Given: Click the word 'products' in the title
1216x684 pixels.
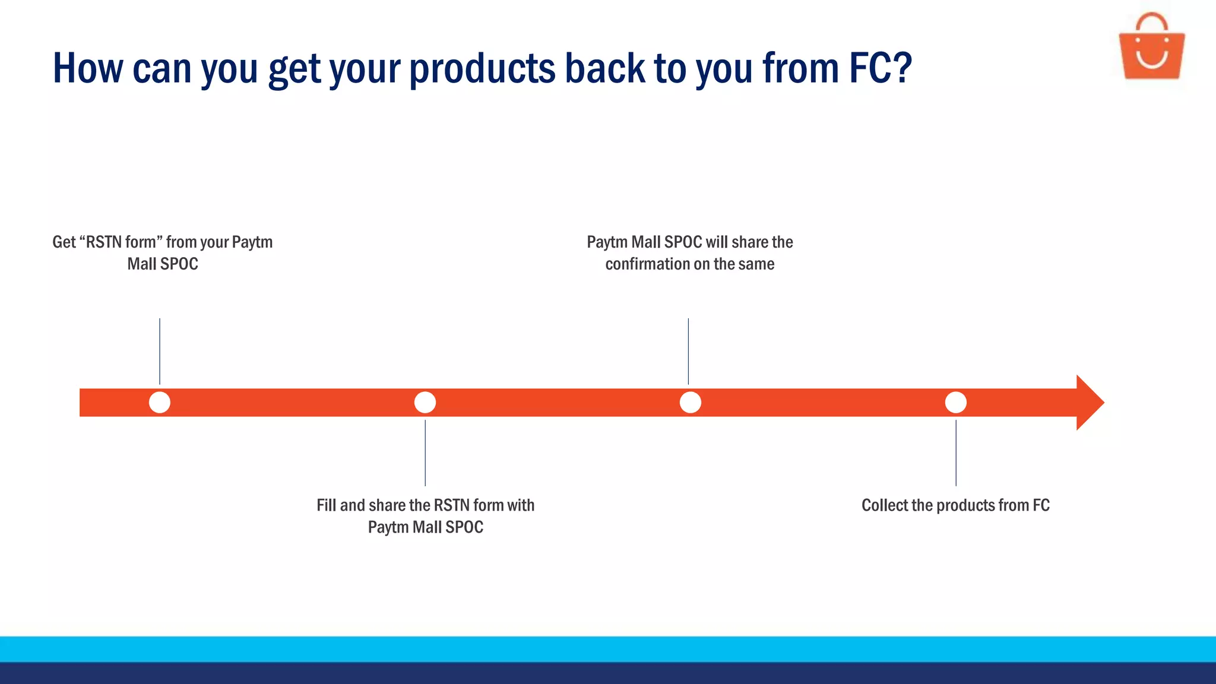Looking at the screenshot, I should [482, 68].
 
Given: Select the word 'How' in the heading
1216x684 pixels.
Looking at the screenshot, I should [88, 68].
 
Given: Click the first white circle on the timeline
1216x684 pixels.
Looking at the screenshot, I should [160, 403].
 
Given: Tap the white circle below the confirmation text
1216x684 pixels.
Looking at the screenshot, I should [690, 403].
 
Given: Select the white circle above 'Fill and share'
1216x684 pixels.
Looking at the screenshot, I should [425, 403].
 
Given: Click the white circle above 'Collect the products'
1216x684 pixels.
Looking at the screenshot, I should [955, 403].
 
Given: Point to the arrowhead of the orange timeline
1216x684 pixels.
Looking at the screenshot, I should [1090, 403].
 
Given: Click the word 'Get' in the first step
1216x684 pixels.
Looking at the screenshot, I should [64, 242].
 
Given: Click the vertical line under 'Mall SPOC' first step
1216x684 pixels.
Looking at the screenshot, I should [160, 351].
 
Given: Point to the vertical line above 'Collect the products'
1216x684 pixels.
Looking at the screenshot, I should [956, 452].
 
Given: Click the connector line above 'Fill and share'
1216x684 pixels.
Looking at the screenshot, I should [425, 452].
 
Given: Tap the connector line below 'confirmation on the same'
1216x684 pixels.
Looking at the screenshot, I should [688, 351].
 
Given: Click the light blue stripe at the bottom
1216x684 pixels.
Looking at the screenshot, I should [608, 649].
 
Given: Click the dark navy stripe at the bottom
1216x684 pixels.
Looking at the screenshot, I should [608, 673].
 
